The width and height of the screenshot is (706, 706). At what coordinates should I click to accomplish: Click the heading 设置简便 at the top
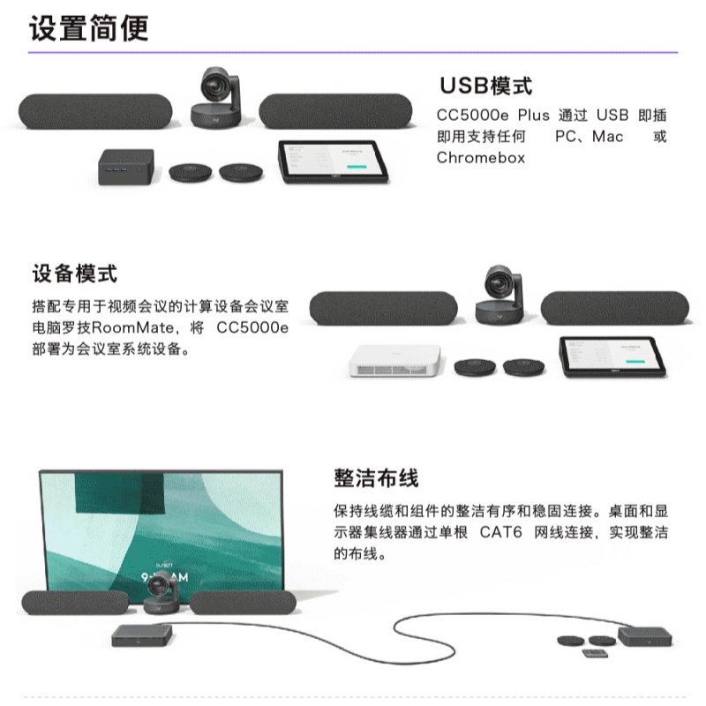(x=89, y=28)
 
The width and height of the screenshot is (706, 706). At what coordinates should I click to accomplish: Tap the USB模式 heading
(x=486, y=86)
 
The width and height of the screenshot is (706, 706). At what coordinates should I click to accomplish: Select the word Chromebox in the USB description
(x=481, y=158)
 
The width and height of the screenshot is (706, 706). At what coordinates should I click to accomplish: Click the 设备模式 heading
(x=75, y=274)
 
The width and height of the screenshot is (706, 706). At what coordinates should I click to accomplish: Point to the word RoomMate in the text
(x=132, y=327)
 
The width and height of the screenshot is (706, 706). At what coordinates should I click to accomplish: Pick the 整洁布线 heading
(x=376, y=477)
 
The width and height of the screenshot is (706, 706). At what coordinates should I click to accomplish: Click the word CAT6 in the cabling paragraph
(x=500, y=532)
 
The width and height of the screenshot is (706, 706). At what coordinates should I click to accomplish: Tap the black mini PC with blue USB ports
(x=126, y=167)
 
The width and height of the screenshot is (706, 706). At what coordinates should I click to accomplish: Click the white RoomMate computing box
(x=395, y=360)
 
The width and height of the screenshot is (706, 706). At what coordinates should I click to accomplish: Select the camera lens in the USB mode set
(x=213, y=84)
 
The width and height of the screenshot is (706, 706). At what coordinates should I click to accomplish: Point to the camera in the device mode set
(x=499, y=294)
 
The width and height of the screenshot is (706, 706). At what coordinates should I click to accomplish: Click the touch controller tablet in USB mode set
(x=334, y=161)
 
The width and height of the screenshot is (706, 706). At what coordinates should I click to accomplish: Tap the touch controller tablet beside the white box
(x=612, y=357)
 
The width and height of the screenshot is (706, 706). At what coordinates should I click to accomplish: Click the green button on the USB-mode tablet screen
(x=357, y=167)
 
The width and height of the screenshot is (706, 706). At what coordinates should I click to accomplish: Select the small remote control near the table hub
(x=594, y=653)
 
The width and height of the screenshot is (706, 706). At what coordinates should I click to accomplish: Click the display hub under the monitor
(x=142, y=635)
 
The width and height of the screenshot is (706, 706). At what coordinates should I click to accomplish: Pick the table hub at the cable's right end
(x=645, y=636)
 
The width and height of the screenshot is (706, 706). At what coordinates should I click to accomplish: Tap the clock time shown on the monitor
(x=165, y=577)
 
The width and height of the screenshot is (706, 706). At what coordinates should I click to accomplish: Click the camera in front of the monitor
(x=161, y=595)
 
